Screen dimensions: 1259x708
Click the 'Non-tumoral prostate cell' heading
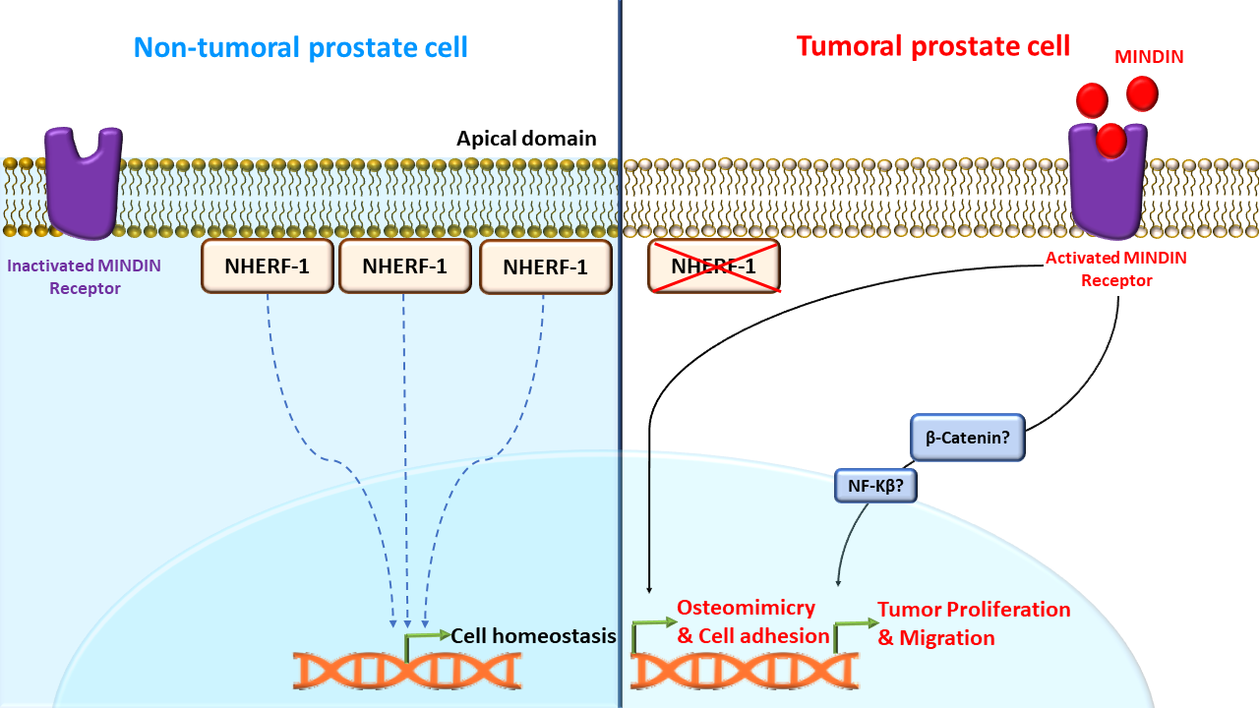301,47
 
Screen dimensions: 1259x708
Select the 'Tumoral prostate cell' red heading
933,46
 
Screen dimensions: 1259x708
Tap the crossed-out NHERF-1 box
714,266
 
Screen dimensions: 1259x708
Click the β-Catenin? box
967,438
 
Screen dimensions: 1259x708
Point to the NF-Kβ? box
875,486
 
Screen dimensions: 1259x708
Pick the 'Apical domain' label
526,139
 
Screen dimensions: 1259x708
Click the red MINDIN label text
1149,57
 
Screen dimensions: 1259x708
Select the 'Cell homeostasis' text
533,636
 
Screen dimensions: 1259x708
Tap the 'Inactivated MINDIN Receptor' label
85,276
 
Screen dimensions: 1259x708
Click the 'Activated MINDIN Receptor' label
1116,268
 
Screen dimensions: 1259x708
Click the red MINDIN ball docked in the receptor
1111,140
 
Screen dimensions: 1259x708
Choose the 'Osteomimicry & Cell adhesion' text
752,621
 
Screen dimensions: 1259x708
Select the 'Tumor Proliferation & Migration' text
974,623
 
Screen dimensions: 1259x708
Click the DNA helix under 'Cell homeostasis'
407,671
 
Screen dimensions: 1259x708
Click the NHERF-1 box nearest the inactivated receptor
268,266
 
